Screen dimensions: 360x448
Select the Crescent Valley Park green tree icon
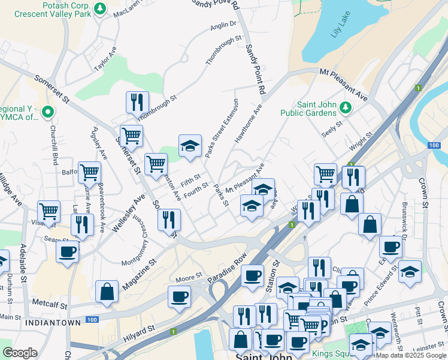coord(101,8)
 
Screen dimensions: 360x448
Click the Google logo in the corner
coord(20,352)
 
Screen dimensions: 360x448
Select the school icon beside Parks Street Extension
coord(189,145)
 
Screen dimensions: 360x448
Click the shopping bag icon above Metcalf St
coord(107,291)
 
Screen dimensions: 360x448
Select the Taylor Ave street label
coord(105,60)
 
